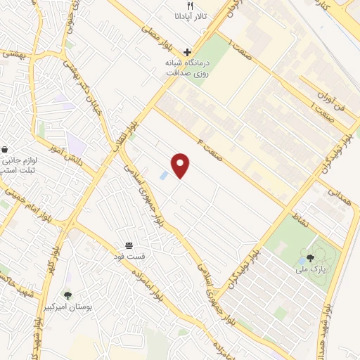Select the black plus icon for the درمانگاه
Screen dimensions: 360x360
(x=187, y=52)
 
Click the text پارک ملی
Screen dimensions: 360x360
(x=310, y=269)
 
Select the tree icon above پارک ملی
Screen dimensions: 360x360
(x=311, y=258)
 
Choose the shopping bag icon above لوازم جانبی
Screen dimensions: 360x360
(x=6, y=150)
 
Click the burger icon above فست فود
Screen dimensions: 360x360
(x=130, y=245)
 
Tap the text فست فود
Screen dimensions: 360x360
(x=130, y=255)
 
